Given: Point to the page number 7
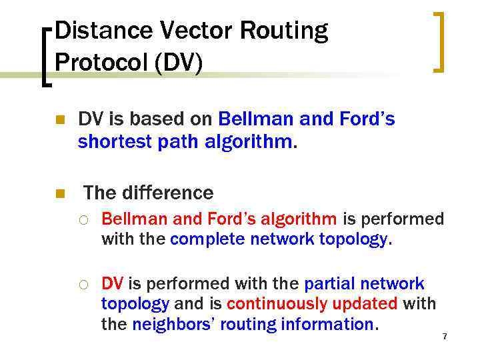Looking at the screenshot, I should [x=445, y=336].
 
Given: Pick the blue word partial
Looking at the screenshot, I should [x=331, y=284].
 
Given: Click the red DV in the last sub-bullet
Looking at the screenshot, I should [x=112, y=284].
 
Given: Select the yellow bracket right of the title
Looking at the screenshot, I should [x=439, y=41].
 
